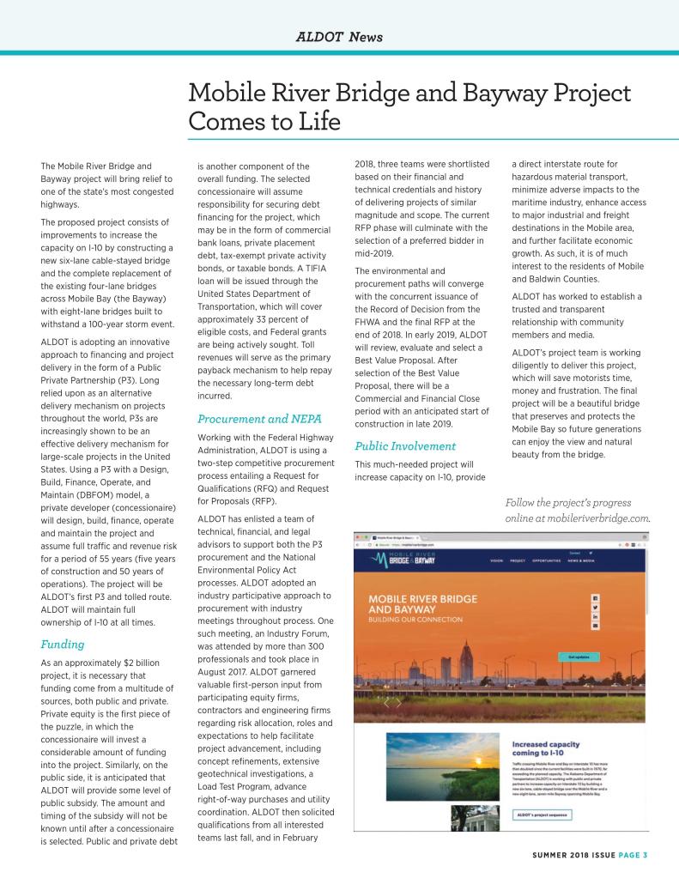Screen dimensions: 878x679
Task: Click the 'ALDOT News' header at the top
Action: point(339,37)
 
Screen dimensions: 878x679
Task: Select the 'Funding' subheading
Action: point(62,643)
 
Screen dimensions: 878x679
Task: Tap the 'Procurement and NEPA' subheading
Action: point(259,419)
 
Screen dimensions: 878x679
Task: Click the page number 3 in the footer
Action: point(644,854)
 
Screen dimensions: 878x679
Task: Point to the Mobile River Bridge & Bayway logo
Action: point(409,560)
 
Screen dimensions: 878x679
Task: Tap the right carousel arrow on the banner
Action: point(399,702)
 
